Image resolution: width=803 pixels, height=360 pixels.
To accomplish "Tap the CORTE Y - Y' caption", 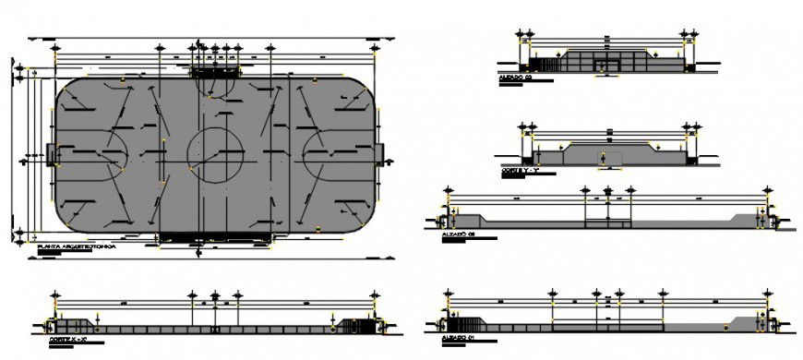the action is pyautogui.click(x=517, y=171).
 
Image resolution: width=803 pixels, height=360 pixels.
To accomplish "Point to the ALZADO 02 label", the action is pyautogui.click(x=458, y=234).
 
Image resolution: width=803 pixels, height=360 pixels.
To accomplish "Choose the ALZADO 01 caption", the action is pyautogui.click(x=458, y=338).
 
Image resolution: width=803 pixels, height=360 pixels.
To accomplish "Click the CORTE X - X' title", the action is pyautogui.click(x=68, y=341).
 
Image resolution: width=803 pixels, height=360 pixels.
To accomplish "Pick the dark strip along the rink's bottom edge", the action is pyautogui.click(x=215, y=237).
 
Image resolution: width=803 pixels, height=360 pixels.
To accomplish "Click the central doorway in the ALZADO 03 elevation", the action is pyautogui.click(x=605, y=63).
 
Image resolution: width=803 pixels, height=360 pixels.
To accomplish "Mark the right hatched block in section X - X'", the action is pyautogui.click(x=354, y=325).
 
